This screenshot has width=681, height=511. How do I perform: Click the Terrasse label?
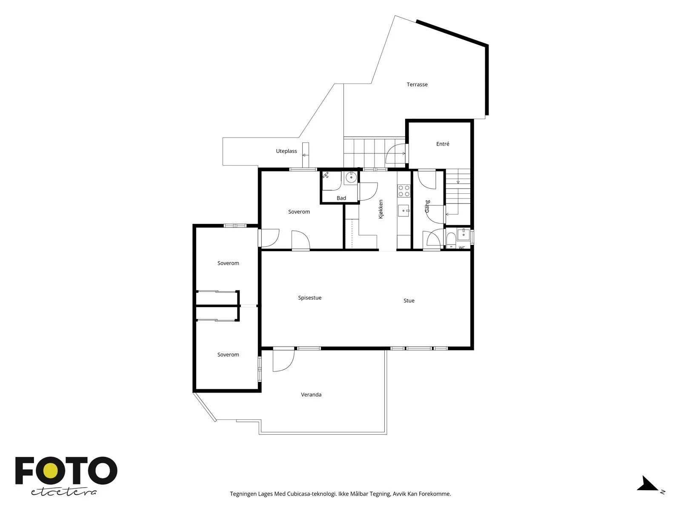[417, 84]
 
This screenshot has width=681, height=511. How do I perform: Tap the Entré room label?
[442, 144]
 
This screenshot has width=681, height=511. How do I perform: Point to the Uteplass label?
[286, 151]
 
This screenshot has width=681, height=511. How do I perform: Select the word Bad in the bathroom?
[341, 198]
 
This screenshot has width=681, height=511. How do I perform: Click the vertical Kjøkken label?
[381, 209]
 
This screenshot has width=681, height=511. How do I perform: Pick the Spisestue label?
[309, 298]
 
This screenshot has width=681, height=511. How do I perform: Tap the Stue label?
[409, 300]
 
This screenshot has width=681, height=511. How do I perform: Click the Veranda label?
[311, 395]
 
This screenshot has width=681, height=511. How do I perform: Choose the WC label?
[462, 247]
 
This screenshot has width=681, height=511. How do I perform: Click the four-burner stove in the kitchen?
[404, 191]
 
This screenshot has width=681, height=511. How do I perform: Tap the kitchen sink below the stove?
[403, 211]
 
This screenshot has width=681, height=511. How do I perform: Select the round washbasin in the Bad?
[351, 178]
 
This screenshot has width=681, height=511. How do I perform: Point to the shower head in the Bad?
[326, 175]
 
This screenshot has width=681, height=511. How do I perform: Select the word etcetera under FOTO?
[63, 492]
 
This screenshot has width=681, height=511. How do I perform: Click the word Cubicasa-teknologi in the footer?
[312, 494]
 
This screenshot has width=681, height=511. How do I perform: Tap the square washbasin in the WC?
[464, 234]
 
